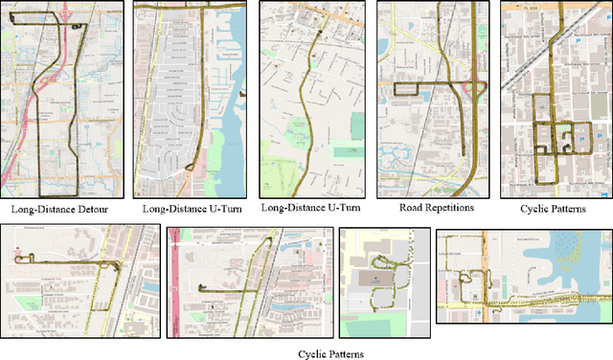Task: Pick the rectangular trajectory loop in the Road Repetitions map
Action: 406,90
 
